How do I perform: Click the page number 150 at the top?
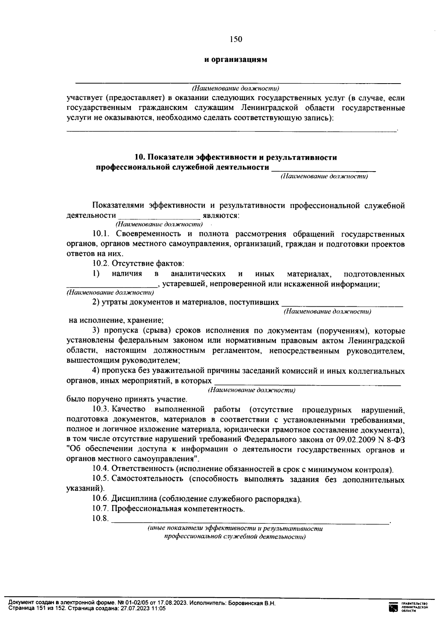coord(236,39)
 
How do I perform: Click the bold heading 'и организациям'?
coord(236,60)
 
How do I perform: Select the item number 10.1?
coord(101,234)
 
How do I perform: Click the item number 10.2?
coord(101,264)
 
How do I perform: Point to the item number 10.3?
coord(101,409)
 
